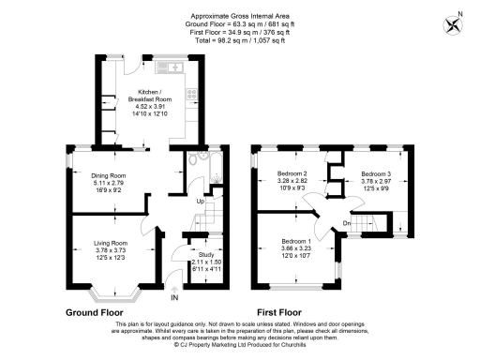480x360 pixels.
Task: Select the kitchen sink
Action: [x=174, y=67]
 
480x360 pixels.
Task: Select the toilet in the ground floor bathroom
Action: [x=191, y=160]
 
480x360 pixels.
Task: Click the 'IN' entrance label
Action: [x=174, y=299]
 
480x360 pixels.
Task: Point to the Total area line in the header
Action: [x=240, y=38]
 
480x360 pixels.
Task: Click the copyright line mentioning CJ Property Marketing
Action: [x=240, y=344]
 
